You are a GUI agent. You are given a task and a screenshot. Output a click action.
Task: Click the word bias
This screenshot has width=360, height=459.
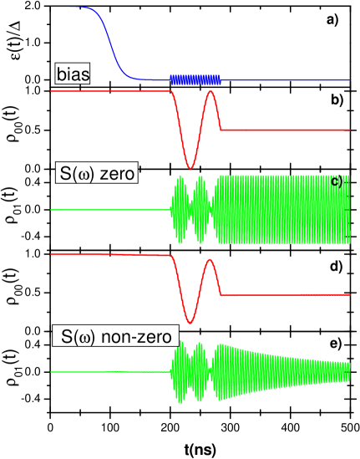[x=73, y=74]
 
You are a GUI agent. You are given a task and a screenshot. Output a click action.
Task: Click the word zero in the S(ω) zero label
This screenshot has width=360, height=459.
[x=119, y=174]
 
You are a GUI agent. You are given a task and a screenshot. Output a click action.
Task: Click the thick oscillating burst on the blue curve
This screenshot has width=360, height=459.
[x=195, y=79]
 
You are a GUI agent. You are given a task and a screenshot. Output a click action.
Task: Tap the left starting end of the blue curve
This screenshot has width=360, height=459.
[x=52, y=7]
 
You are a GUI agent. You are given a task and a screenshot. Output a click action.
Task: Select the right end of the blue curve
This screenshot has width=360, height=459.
[x=348, y=81]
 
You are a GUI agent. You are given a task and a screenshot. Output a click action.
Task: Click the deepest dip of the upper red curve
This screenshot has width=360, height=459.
[x=190, y=167]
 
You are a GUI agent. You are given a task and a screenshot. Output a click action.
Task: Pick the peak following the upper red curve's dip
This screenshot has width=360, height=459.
[x=210, y=91]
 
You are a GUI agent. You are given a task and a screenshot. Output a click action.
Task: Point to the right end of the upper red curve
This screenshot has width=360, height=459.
[x=348, y=130]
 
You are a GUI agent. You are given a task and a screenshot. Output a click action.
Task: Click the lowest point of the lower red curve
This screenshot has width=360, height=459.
[x=190, y=322]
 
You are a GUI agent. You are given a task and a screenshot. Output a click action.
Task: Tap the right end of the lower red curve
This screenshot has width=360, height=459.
[x=348, y=294]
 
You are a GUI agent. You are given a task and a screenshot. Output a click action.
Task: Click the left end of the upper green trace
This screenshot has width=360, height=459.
[x=52, y=209]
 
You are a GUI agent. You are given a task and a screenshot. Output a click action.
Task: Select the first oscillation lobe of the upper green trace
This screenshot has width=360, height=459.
[x=178, y=209]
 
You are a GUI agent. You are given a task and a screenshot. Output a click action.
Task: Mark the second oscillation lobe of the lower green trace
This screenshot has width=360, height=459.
[x=199, y=371]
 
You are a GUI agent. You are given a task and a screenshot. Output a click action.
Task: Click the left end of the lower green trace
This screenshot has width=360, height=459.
[x=52, y=371]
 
